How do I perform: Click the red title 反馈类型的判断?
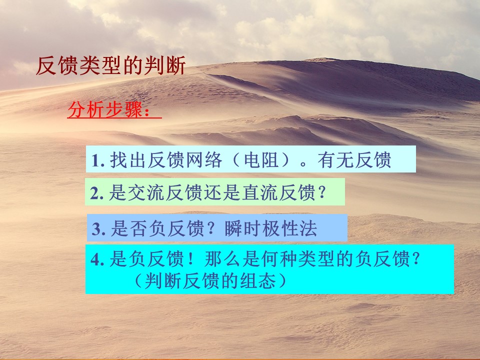(111, 65)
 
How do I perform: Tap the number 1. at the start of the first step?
(98, 160)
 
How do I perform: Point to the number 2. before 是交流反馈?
(97, 193)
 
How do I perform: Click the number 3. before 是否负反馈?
(99, 229)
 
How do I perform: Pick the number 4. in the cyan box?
(97, 259)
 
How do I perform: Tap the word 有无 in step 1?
(336, 160)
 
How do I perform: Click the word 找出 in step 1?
(128, 160)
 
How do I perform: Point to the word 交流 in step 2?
(146, 193)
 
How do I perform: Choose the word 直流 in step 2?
(260, 193)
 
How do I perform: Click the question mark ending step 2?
(321, 193)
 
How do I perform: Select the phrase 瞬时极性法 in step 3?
(270, 228)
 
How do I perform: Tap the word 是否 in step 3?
(129, 228)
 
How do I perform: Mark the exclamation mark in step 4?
(191, 259)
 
